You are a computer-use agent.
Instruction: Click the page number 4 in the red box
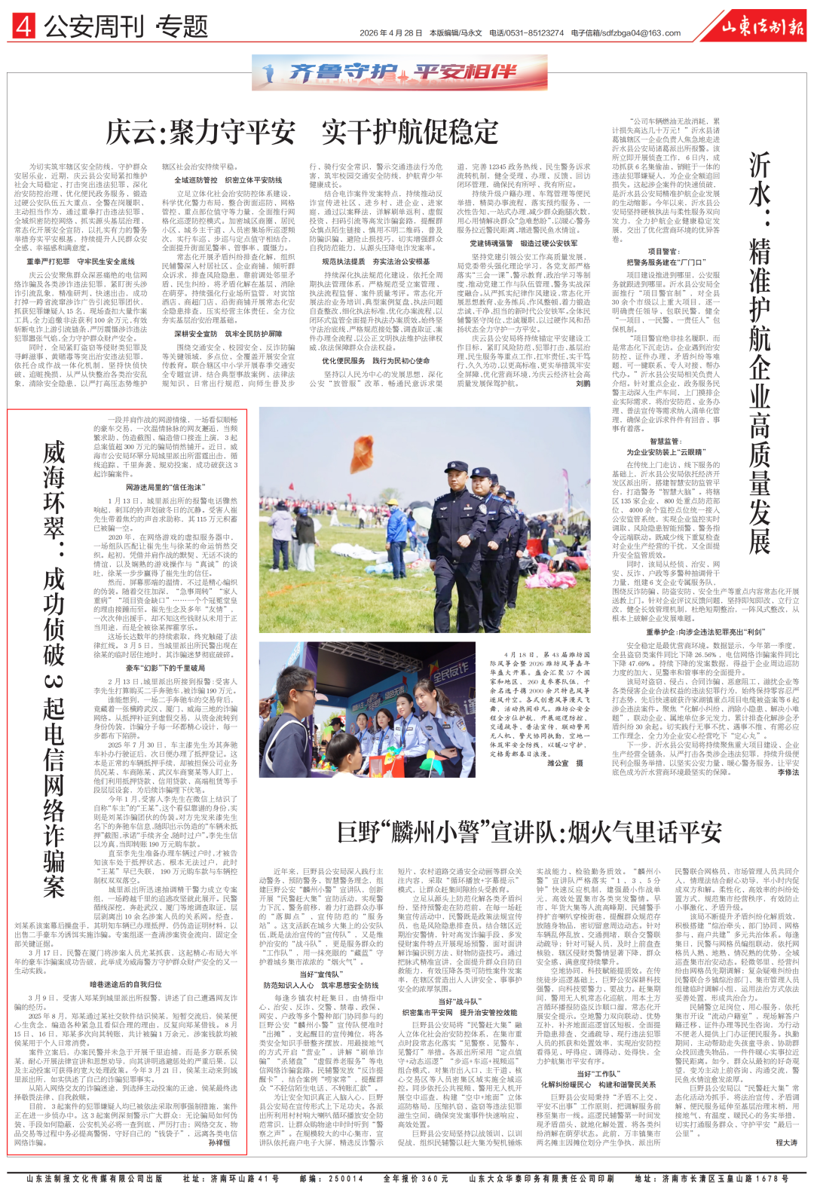coord(23,27)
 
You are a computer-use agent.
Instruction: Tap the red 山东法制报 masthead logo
coord(762,27)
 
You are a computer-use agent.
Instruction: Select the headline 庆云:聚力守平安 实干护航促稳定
coord(301,132)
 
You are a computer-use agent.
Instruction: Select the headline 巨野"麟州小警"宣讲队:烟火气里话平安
coord(529,832)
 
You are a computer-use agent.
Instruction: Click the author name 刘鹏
coord(583,384)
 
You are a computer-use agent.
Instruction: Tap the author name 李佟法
coord(788,772)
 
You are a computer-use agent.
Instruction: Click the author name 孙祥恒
coord(219,1143)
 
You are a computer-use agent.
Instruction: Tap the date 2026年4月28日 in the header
coord(390,33)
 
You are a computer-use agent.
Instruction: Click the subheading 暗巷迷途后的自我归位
coord(126,984)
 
